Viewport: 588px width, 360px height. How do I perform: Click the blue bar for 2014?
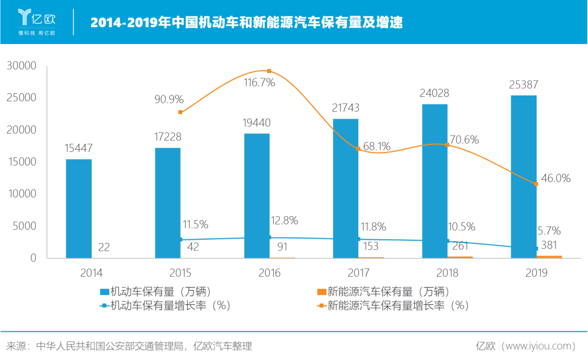(79, 209)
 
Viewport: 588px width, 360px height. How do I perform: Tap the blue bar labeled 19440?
(257, 196)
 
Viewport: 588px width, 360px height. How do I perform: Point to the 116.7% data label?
(259, 83)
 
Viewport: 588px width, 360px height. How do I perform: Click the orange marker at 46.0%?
(536, 184)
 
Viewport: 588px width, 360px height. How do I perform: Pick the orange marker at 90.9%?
(180, 112)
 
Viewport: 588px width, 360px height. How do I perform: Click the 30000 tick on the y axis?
(21, 66)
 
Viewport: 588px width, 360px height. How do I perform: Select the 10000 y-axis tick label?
(21, 194)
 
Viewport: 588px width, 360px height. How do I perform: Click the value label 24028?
(434, 93)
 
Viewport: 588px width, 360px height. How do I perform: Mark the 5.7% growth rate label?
(549, 230)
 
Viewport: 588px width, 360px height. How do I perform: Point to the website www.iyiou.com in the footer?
(540, 346)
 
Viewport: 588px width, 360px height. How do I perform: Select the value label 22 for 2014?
(104, 247)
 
